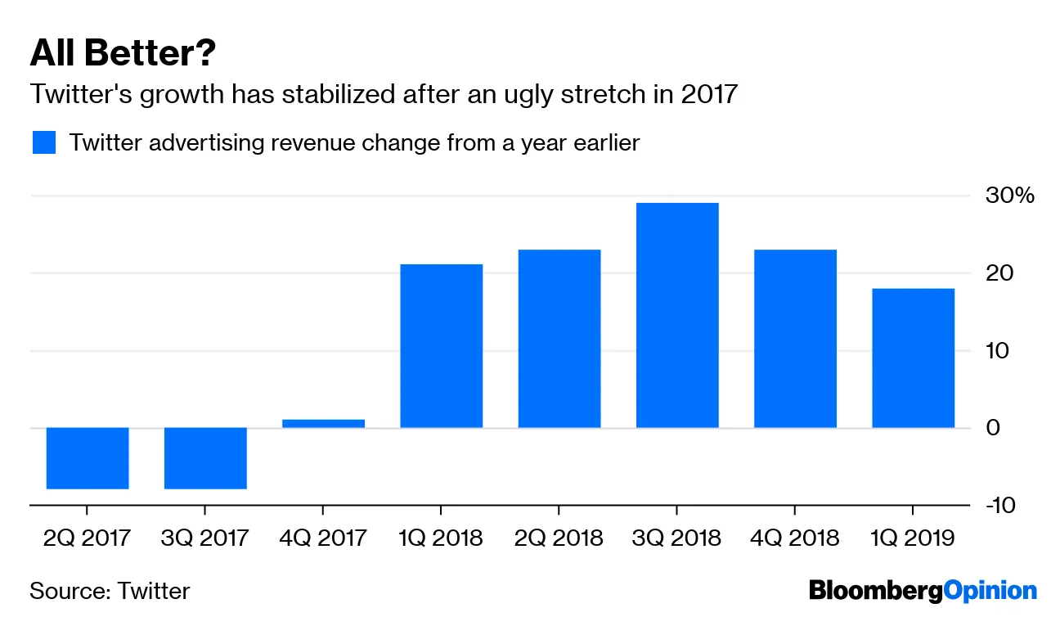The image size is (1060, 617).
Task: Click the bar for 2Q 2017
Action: point(88,457)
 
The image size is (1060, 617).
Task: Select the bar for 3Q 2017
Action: point(205,457)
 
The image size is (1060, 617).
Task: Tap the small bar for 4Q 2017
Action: point(323,423)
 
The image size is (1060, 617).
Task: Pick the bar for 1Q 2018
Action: point(441,345)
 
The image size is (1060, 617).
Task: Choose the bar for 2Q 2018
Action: point(559,338)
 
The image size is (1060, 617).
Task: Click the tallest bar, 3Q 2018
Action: point(677,314)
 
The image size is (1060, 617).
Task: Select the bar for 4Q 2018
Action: point(795,338)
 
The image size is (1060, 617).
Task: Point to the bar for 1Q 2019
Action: point(913,358)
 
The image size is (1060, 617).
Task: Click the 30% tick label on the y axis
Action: point(1011,196)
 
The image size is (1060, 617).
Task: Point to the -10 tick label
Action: point(1001,505)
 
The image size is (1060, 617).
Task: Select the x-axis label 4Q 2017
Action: point(323,538)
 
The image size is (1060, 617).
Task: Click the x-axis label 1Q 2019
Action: point(913,538)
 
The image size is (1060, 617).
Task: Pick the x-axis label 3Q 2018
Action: point(677,538)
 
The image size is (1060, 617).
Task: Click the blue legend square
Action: point(43,142)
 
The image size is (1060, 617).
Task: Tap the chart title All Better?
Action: point(123,54)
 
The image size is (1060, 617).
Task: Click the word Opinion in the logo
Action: point(990,589)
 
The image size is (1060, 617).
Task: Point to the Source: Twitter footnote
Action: point(110,590)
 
